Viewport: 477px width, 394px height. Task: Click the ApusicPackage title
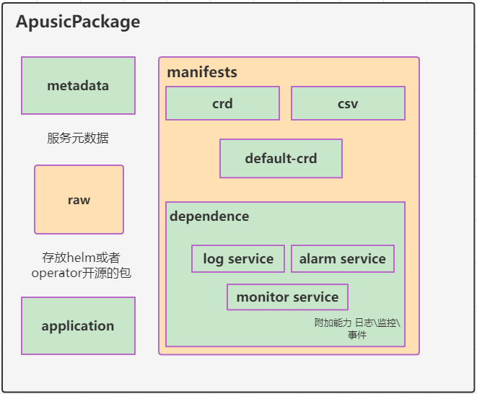[x=78, y=22]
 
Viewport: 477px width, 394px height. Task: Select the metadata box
[x=78, y=86]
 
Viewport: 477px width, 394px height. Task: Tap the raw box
[x=79, y=200]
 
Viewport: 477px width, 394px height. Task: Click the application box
[x=78, y=326]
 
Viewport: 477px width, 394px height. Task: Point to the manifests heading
[x=202, y=73]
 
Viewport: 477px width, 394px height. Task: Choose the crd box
[x=222, y=103]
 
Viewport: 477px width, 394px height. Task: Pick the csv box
[x=348, y=103]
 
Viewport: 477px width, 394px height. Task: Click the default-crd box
[x=281, y=159]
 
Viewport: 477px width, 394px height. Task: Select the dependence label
[x=209, y=216]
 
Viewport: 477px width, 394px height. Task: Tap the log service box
[x=238, y=259]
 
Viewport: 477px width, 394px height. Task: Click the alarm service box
[x=343, y=259]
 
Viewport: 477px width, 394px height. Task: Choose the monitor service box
[x=287, y=297]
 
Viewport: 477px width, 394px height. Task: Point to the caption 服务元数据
[x=78, y=139]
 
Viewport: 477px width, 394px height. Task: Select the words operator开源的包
[x=81, y=273]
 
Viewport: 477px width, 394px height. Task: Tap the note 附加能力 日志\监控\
[x=356, y=323]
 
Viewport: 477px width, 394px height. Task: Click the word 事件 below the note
[x=356, y=335]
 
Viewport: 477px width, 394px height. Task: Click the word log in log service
[x=213, y=259]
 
